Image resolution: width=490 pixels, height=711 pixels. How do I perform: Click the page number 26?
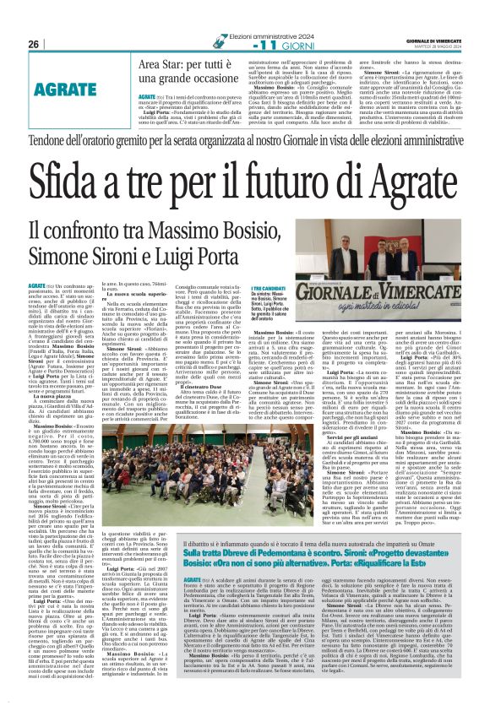click(33, 44)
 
